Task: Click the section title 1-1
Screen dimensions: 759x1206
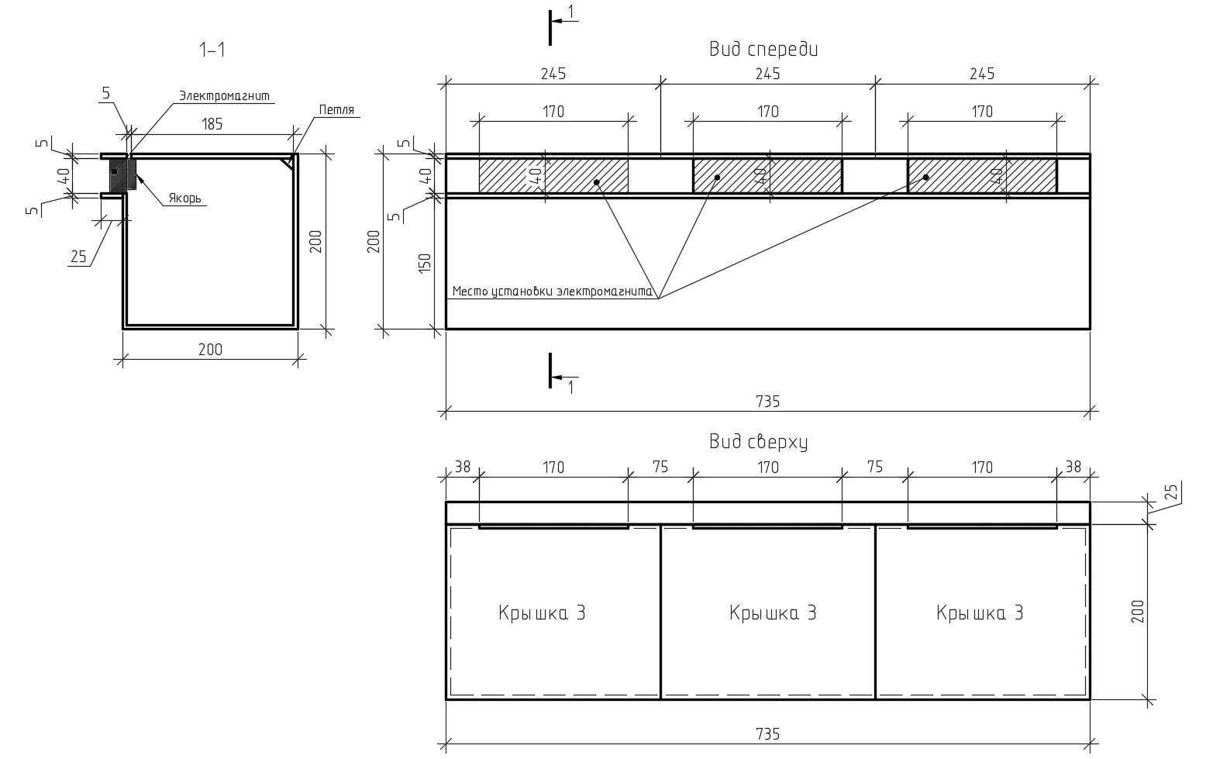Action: coord(212,50)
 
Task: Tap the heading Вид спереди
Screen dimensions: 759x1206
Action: coord(763,50)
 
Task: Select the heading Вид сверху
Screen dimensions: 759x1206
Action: coord(759,442)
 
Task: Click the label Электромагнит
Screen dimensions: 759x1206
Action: coord(225,96)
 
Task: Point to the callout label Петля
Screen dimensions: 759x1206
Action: coord(336,110)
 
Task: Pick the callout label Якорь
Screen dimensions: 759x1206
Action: coord(185,198)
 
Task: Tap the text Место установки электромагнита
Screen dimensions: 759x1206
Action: coord(553,292)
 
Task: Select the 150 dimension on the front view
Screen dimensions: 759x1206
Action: coord(425,264)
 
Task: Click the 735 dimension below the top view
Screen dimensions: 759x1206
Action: coord(767,733)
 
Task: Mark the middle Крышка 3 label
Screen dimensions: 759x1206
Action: coord(773,613)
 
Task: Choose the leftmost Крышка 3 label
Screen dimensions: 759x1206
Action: coord(542,613)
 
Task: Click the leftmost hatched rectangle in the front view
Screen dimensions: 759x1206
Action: coord(553,176)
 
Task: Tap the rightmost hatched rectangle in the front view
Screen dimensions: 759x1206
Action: coord(982,176)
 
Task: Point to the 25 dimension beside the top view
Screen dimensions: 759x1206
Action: coord(1171,492)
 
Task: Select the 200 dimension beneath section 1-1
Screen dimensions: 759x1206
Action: coord(210,350)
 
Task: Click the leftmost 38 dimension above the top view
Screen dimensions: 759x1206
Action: coord(462,467)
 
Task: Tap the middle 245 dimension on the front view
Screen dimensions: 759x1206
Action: coord(767,74)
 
